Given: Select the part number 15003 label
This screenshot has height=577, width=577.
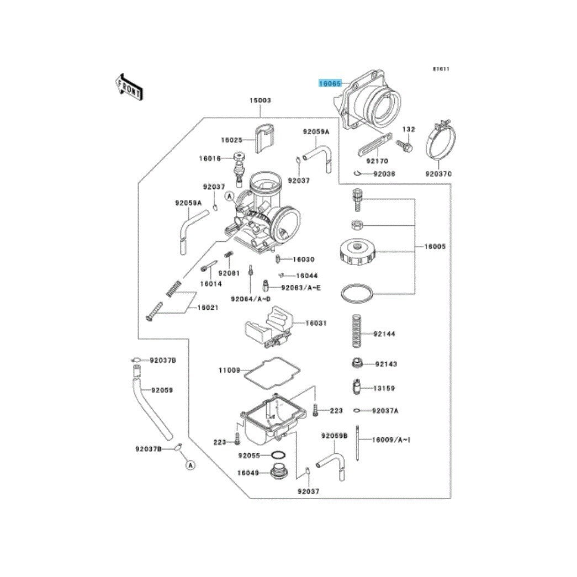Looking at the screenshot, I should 260,100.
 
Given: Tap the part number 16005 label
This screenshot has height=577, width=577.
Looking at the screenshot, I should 435,246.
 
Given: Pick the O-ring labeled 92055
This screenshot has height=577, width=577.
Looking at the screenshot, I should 279,456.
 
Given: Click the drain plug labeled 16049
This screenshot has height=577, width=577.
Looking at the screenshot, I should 279,473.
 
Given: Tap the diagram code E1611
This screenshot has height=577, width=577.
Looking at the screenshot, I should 441,70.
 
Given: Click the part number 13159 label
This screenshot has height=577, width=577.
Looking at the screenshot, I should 384,388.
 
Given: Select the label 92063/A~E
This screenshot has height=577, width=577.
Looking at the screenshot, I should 300,288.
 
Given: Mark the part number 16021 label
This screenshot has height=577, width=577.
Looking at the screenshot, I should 208,308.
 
